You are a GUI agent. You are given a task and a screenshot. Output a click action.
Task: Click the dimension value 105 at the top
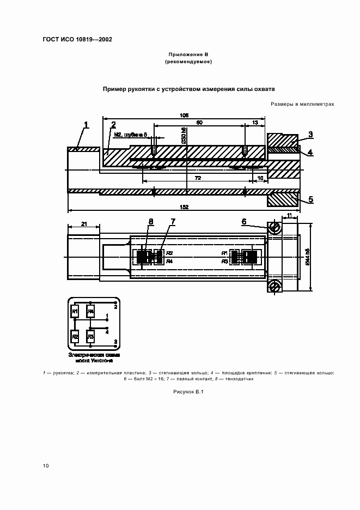point(184,115)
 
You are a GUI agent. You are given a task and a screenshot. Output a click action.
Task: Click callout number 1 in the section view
point(86,126)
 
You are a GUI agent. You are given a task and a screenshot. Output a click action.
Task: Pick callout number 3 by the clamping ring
point(309,134)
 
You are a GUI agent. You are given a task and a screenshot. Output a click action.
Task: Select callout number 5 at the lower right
point(310,199)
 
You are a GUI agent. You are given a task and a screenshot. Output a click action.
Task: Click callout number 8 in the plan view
point(151,221)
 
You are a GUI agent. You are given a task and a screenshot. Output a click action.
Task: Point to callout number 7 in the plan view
point(173,221)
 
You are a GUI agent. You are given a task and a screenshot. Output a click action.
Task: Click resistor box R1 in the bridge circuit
point(75,312)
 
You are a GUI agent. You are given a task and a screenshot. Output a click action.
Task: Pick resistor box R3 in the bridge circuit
point(91,336)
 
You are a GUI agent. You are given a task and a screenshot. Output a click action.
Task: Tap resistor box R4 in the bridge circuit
point(91,312)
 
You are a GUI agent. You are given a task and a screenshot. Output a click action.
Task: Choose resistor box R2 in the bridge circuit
point(75,336)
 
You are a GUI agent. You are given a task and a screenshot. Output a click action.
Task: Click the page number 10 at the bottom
point(46,465)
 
